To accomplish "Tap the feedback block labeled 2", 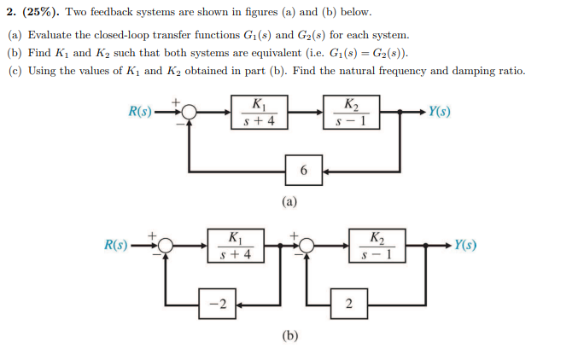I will pyautogui.click(x=348, y=305).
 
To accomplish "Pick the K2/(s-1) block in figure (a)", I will pyautogui.click(x=351, y=112).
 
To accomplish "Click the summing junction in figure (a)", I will pyautogui.click(x=190, y=112).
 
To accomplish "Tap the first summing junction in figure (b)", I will pyautogui.click(x=166, y=246).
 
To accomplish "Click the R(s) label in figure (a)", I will pyautogui.click(x=140, y=112).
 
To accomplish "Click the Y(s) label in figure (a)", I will pyautogui.click(x=441, y=112).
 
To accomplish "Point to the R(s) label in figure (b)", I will pyautogui.click(x=117, y=246).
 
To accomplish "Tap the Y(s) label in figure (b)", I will pyautogui.click(x=465, y=246).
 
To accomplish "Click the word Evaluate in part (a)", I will pyautogui.click(x=50, y=36).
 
